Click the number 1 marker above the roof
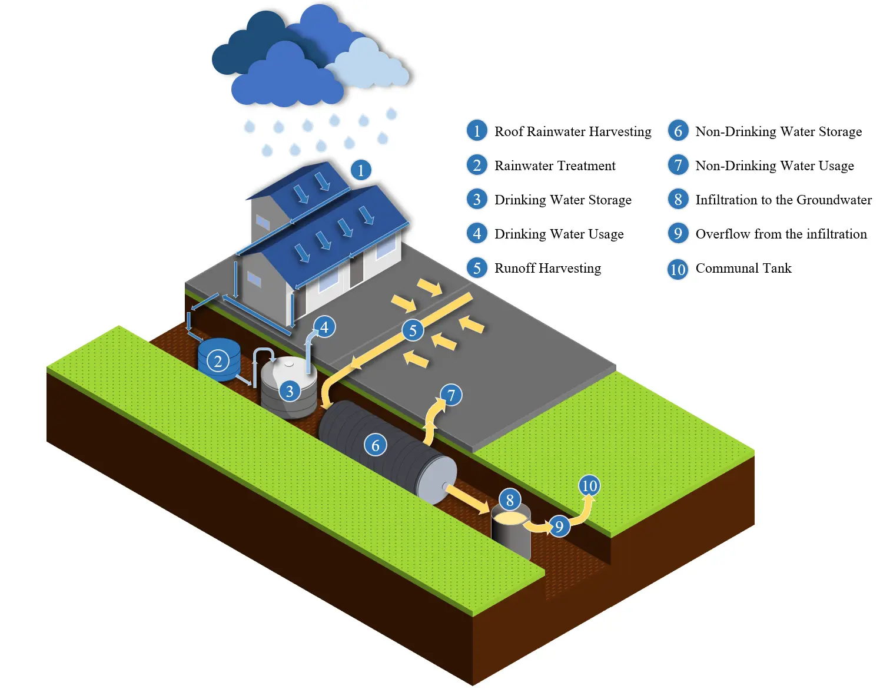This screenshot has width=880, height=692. (x=361, y=170)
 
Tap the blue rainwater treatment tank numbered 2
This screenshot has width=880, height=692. (x=218, y=360)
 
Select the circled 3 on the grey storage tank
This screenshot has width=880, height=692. (x=289, y=391)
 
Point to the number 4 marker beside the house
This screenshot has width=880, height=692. (x=324, y=327)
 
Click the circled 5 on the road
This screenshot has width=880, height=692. (x=413, y=330)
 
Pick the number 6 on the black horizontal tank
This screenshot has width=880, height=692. (x=376, y=445)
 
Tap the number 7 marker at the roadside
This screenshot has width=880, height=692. (x=451, y=395)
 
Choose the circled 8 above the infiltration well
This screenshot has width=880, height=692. (x=510, y=500)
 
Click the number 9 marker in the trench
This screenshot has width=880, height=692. (x=559, y=526)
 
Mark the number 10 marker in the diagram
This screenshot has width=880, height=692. (x=589, y=486)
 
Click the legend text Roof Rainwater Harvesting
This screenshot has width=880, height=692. (x=573, y=131)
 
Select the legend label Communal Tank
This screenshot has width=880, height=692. (x=743, y=269)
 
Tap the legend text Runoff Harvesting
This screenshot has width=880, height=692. (x=547, y=269)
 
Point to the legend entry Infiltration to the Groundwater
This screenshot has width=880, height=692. (x=783, y=200)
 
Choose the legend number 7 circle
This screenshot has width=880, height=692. (x=678, y=165)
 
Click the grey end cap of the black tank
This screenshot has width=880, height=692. (x=437, y=479)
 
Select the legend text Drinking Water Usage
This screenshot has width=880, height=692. (x=559, y=234)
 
